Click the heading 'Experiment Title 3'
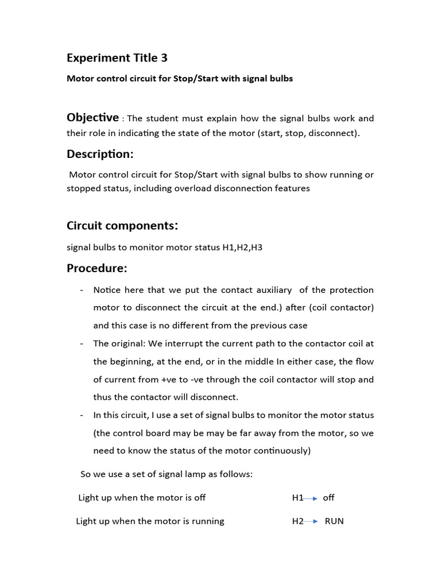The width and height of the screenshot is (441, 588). pos(117,58)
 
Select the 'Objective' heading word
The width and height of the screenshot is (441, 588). pos(92,118)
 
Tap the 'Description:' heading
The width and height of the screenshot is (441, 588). pos(100,154)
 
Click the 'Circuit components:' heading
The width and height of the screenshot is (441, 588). pos(122,226)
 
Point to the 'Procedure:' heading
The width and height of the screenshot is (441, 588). pos(97,268)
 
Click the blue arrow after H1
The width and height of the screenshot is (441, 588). pos(311,498)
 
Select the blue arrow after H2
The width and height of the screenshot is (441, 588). pos(311,521)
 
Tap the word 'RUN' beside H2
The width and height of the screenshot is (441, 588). pos(334,521)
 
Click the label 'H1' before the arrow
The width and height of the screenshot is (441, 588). pos(297,498)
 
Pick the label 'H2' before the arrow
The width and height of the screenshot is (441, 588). pos(297,521)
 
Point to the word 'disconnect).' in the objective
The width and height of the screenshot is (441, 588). pos(335,133)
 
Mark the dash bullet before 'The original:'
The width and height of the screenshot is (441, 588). pos(82,343)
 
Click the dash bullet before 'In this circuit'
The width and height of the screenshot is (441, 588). pos(82,415)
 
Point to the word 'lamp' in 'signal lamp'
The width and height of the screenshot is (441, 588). pos(185,474)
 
